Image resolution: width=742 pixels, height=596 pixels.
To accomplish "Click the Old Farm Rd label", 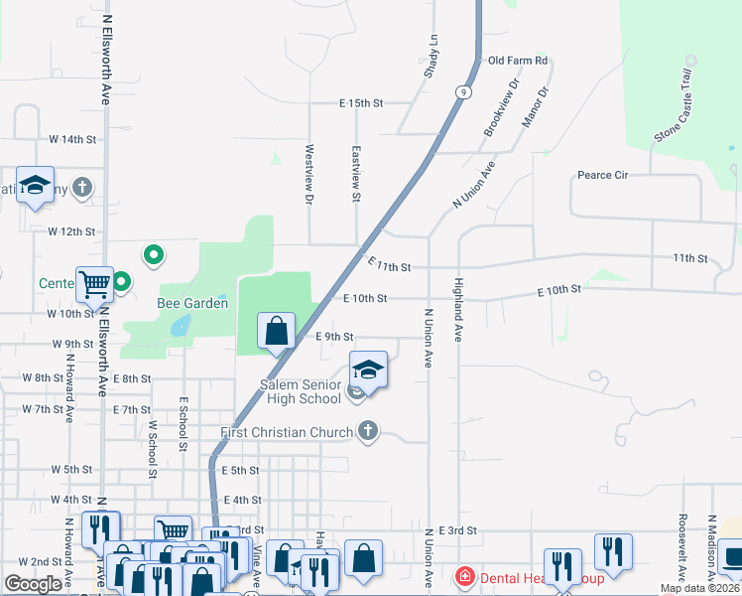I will (x=518, y=61).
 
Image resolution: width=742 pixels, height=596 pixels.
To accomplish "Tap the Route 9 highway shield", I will (x=463, y=91).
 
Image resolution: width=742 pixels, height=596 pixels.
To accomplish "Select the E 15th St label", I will (x=360, y=103).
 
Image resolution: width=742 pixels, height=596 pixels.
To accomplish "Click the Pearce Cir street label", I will (x=603, y=176).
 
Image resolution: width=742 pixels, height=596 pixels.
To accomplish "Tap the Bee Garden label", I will (x=192, y=303).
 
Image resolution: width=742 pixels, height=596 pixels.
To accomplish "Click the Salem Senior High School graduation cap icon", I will (x=368, y=370).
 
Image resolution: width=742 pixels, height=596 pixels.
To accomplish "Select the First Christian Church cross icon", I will (x=368, y=432).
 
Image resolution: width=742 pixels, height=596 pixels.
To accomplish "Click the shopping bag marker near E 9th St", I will (x=277, y=331).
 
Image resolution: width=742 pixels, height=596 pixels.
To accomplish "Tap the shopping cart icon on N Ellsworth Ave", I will (x=95, y=284).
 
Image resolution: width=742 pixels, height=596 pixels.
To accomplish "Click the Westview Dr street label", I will (x=309, y=174).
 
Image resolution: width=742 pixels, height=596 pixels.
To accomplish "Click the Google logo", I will (x=33, y=583).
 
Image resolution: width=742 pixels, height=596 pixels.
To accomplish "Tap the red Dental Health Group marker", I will (x=463, y=576).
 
